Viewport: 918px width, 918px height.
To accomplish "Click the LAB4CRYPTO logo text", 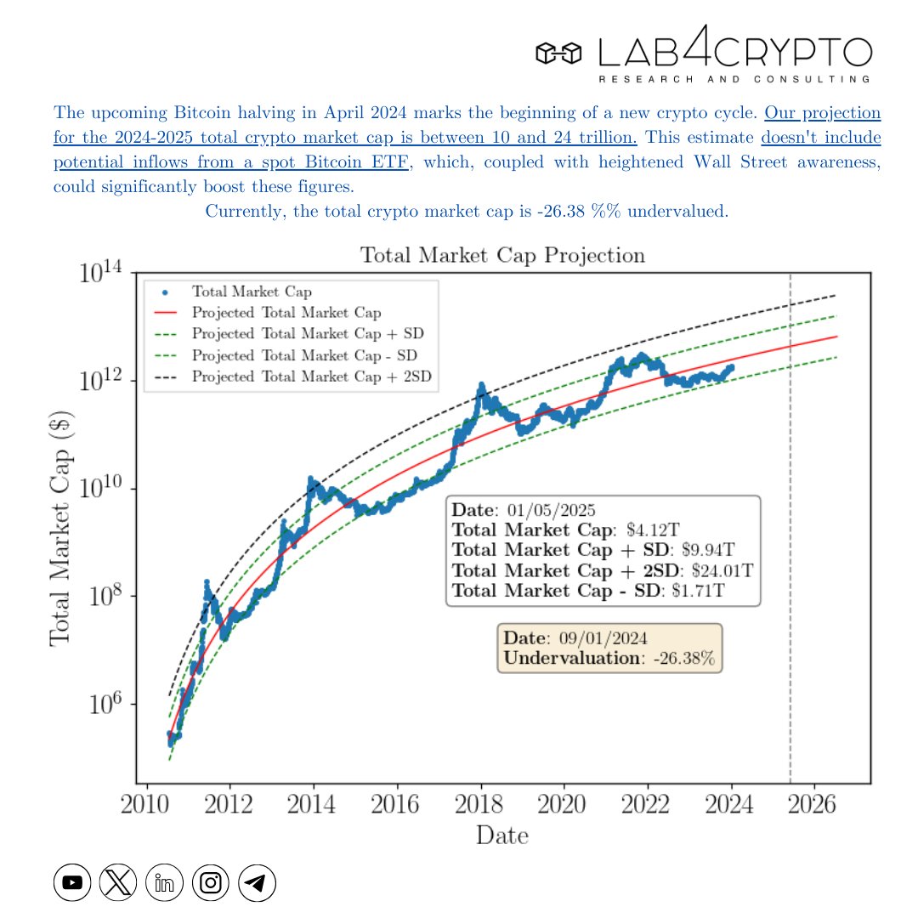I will point(734,53).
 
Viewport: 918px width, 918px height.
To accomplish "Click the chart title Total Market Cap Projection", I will point(502,256).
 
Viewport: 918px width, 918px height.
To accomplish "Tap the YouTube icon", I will point(72,883).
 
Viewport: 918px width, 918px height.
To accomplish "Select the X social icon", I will point(118,883).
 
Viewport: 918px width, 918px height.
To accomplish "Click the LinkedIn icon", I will point(164,883).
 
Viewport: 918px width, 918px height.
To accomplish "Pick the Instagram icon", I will point(211,883).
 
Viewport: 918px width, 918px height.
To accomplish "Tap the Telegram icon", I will point(257,883).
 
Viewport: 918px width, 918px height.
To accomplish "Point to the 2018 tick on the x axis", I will point(481,804).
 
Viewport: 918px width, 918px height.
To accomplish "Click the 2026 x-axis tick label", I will point(814,804).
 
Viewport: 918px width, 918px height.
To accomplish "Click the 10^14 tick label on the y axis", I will point(101,275).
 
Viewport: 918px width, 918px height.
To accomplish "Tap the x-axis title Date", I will point(501,836).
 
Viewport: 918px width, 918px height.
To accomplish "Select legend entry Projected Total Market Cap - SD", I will point(304,355).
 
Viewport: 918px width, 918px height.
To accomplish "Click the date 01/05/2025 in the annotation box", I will point(551,511).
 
